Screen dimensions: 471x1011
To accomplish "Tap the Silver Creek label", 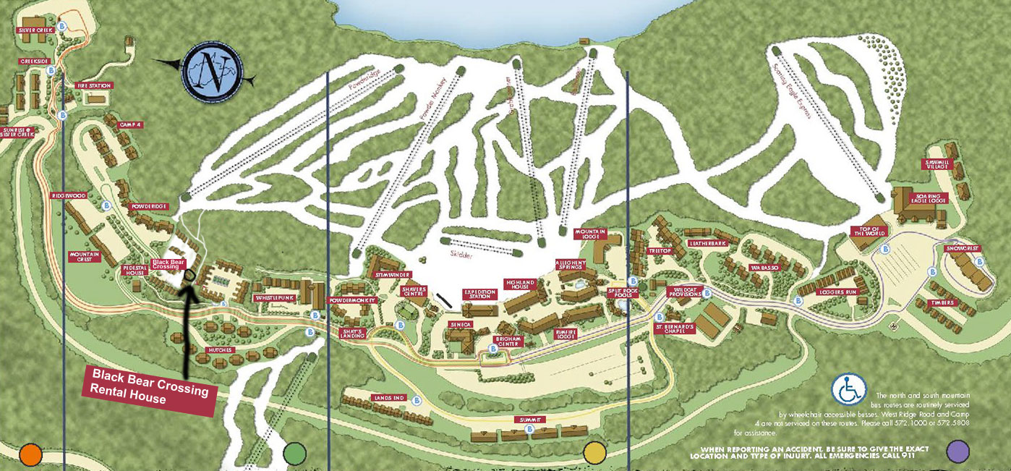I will point(36,30).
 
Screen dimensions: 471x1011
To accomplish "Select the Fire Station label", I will point(94,85).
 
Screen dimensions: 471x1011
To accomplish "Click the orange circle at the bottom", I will point(31,454).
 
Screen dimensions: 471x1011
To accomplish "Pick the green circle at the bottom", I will point(295,453).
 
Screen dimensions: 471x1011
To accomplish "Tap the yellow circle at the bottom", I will point(594,452).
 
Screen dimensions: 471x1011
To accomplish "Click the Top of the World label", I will point(868,232).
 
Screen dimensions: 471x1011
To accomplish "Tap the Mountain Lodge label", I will point(589,234).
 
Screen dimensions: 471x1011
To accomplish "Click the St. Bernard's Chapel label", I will point(675,328).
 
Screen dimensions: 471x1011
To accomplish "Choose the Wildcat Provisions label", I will point(683,292).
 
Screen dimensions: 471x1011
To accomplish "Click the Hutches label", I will point(219,350).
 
